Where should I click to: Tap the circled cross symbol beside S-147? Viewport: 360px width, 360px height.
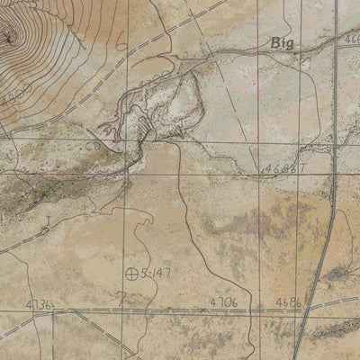tap(132, 273)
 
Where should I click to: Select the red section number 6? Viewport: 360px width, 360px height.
tap(120, 38)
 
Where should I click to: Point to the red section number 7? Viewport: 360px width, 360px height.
tap(120, 293)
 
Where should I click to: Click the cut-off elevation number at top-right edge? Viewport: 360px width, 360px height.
tap(351, 40)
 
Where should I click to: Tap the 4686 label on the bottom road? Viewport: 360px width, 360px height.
tap(288, 302)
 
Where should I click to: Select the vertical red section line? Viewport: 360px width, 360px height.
tap(259, 225)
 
